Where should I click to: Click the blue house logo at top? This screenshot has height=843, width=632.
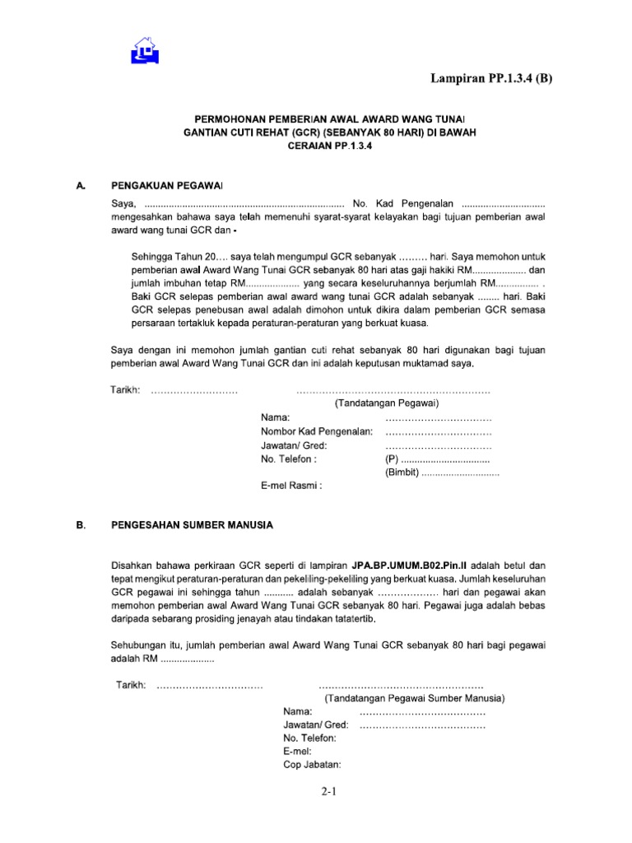[145, 50]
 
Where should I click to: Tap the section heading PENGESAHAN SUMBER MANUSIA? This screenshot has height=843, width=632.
[192, 524]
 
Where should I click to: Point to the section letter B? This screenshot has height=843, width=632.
[81, 524]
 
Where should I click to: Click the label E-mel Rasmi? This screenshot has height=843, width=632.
[291, 486]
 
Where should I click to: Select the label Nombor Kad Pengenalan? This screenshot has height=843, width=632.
[317, 431]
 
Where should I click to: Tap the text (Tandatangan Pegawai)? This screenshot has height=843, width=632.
[387, 403]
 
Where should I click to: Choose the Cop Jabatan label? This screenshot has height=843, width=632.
[312, 765]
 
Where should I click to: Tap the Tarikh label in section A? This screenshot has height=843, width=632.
[126, 389]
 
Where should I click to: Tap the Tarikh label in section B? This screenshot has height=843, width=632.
[130, 684]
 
